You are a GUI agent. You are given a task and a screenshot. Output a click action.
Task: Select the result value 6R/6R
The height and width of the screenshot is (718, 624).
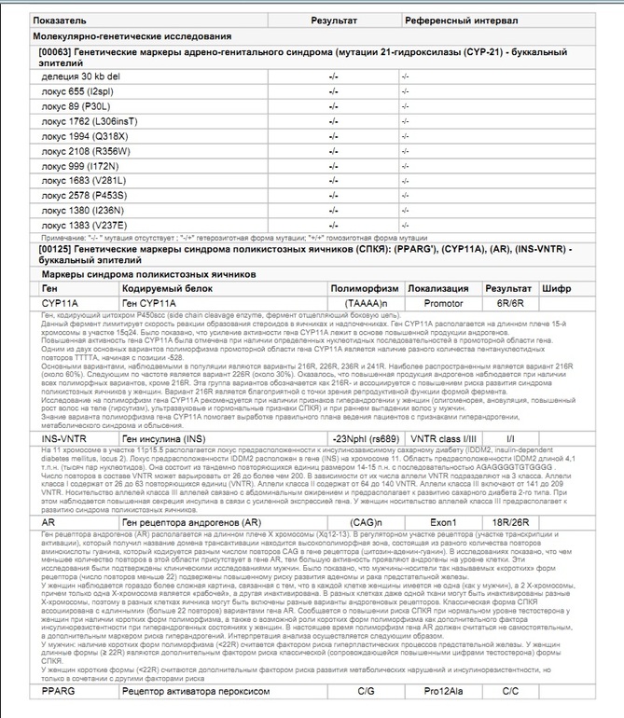pyautogui.click(x=510, y=304)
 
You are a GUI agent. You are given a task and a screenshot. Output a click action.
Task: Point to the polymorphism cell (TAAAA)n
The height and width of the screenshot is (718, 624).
pyautogui.click(x=365, y=304)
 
